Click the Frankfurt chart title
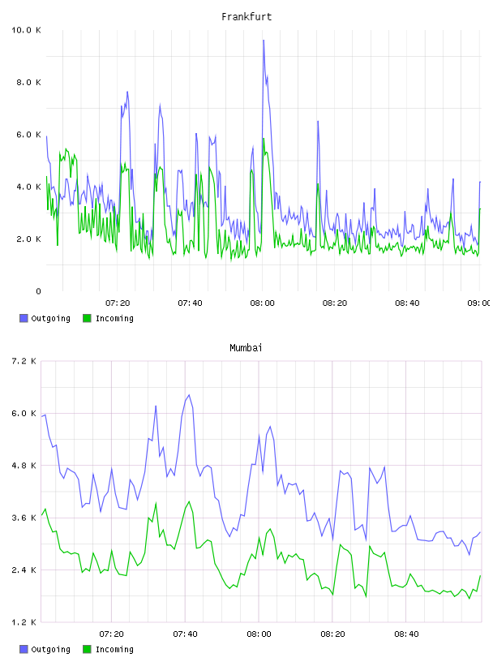point(246,17)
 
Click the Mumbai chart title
point(246,348)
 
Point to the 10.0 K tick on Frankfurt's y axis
point(26,30)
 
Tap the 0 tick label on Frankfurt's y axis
point(38,291)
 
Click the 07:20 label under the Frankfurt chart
point(118,303)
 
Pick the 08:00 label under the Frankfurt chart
point(262,303)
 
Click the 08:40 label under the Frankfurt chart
point(407,303)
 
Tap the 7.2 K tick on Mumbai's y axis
point(24,361)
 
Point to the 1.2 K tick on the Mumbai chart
point(24,622)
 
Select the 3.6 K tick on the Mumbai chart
point(24,518)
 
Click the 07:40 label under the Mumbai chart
point(186,634)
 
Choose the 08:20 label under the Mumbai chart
point(332,634)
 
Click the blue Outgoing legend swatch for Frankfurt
point(24,318)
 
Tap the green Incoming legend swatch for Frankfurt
point(87,318)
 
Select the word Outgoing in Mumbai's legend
point(50,649)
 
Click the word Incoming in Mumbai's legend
point(114,649)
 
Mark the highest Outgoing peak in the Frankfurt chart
point(264,41)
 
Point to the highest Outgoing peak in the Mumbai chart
point(189,395)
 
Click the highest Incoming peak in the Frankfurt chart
point(264,139)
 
